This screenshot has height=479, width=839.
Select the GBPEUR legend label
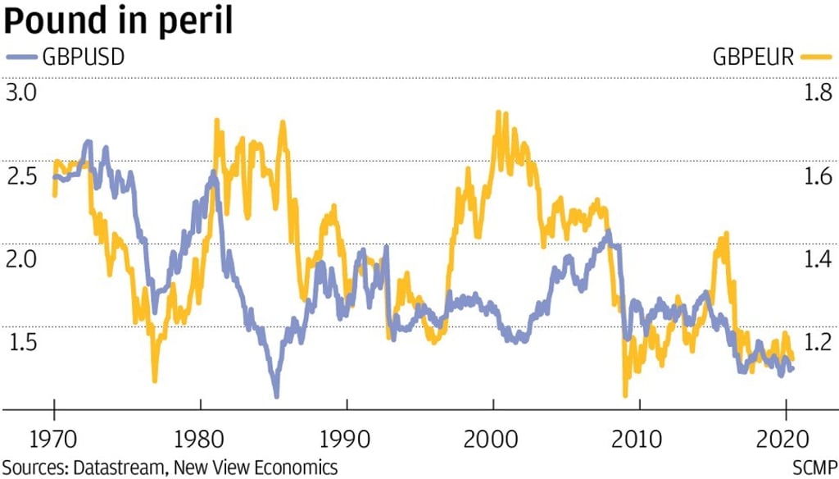[752, 57]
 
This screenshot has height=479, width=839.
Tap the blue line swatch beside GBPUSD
[22, 57]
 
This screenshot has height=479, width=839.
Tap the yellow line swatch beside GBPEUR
[814, 57]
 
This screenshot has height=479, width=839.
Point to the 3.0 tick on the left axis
[22, 93]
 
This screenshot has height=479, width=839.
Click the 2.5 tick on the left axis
[22, 176]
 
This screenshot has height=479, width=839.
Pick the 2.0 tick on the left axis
[22, 259]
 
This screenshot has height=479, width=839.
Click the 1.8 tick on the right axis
[816, 93]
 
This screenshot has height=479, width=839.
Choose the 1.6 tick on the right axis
[816, 176]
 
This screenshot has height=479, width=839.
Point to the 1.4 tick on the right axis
[816, 259]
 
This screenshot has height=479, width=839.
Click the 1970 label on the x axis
[54, 438]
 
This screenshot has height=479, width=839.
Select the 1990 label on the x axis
[347, 438]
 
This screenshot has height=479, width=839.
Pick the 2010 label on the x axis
[640, 438]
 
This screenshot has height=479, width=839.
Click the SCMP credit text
[814, 468]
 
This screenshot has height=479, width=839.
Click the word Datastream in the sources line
[120, 468]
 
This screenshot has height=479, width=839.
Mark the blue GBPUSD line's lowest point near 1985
[276, 395]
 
